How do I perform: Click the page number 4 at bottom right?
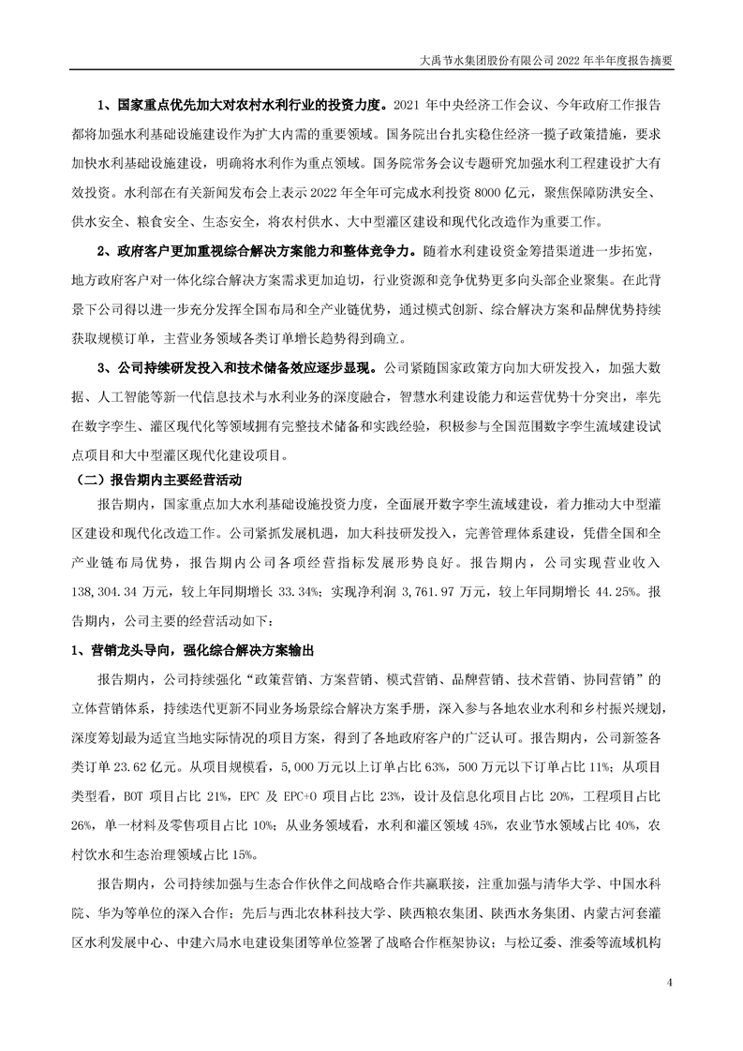(669, 982)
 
